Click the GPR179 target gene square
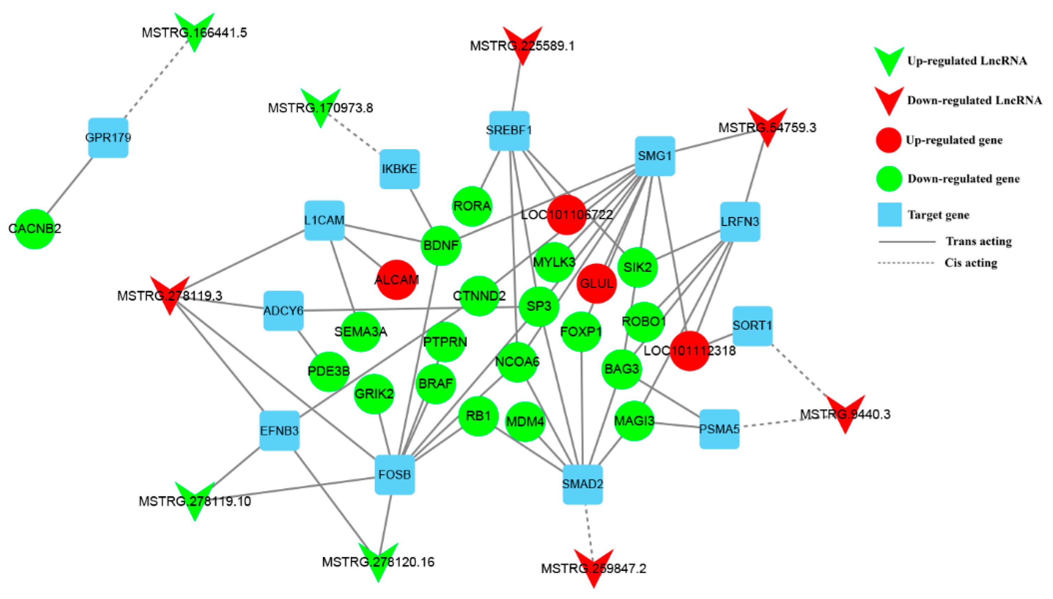pyautogui.click(x=108, y=138)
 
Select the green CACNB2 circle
pyautogui.click(x=35, y=229)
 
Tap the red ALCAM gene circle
pyautogui.click(x=396, y=279)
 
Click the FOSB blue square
pyautogui.click(x=394, y=474)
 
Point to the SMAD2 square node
pyautogui.click(x=582, y=484)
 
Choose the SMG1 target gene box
pyautogui.click(x=654, y=156)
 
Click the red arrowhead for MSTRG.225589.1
pyautogui.click(x=522, y=43)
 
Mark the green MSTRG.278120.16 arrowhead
pyautogui.click(x=378, y=560)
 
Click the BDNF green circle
pyautogui.click(x=441, y=246)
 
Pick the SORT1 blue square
pyautogui.click(x=752, y=326)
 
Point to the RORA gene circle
pyautogui.click(x=472, y=206)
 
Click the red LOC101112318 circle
pyautogui.click(x=689, y=351)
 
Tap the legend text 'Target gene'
pyautogui.click(x=938, y=215)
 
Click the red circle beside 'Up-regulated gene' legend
pyautogui.click(x=888, y=140)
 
